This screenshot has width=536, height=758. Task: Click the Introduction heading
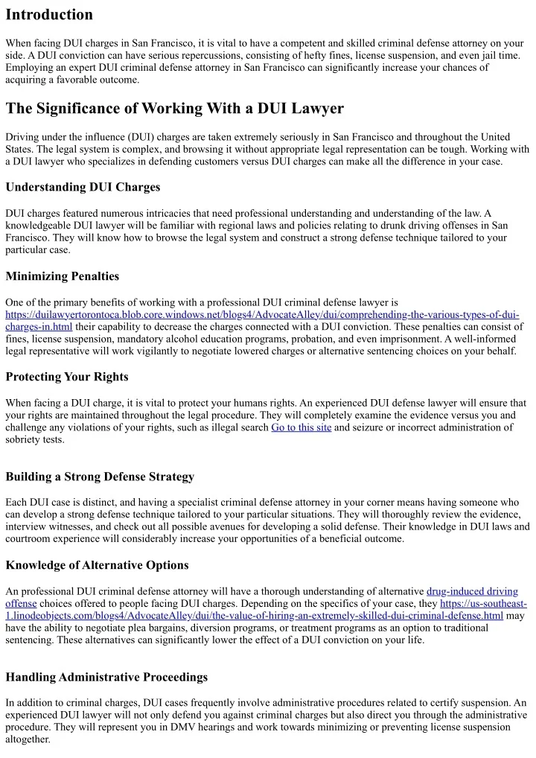(49, 15)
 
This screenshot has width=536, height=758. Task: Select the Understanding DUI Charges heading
(83, 186)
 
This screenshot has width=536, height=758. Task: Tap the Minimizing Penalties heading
(62, 276)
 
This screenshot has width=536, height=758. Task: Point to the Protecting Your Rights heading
(67, 377)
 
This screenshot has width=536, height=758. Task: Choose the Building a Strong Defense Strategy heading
(100, 477)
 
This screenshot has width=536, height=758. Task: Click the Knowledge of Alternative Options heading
(97, 566)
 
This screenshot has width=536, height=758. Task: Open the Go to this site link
(301, 428)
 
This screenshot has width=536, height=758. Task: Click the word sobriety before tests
(26, 440)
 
